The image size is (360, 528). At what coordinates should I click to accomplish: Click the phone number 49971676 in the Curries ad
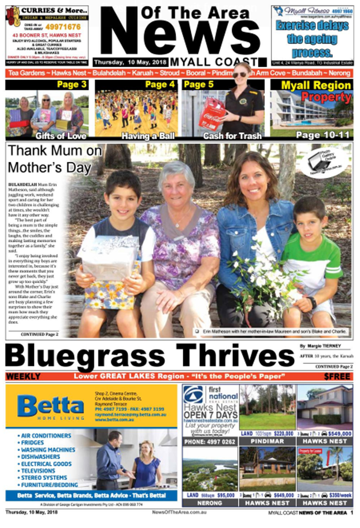(63, 27)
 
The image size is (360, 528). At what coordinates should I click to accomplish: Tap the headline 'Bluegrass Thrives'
(150, 355)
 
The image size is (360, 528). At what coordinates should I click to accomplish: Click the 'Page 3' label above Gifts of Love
(72, 85)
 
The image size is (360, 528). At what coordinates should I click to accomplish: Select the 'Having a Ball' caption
(148, 136)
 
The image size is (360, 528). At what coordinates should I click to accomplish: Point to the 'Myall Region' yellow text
(316, 85)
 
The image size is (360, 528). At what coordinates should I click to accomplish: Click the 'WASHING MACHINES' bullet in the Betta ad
(48, 450)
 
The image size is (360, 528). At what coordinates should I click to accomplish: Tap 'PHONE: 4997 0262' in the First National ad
(210, 442)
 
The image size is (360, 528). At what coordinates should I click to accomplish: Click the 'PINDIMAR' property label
(267, 441)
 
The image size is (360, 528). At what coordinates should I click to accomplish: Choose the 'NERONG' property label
(210, 503)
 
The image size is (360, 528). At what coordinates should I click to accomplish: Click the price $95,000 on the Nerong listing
(225, 495)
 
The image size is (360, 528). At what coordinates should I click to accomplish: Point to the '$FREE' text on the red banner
(337, 377)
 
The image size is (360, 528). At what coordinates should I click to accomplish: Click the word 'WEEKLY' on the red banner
(23, 377)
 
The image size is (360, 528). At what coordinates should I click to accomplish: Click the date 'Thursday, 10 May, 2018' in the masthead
(130, 62)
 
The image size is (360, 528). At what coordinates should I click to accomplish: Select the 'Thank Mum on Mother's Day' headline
(55, 159)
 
